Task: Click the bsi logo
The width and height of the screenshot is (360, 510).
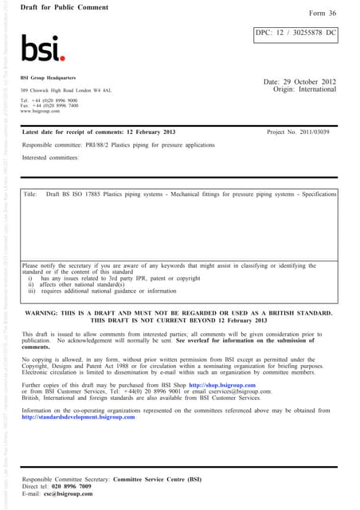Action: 43,49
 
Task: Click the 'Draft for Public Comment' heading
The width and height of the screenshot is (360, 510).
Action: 58,6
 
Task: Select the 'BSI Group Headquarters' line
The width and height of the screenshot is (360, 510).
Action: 49,78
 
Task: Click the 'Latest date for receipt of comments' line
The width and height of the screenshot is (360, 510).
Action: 88,131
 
